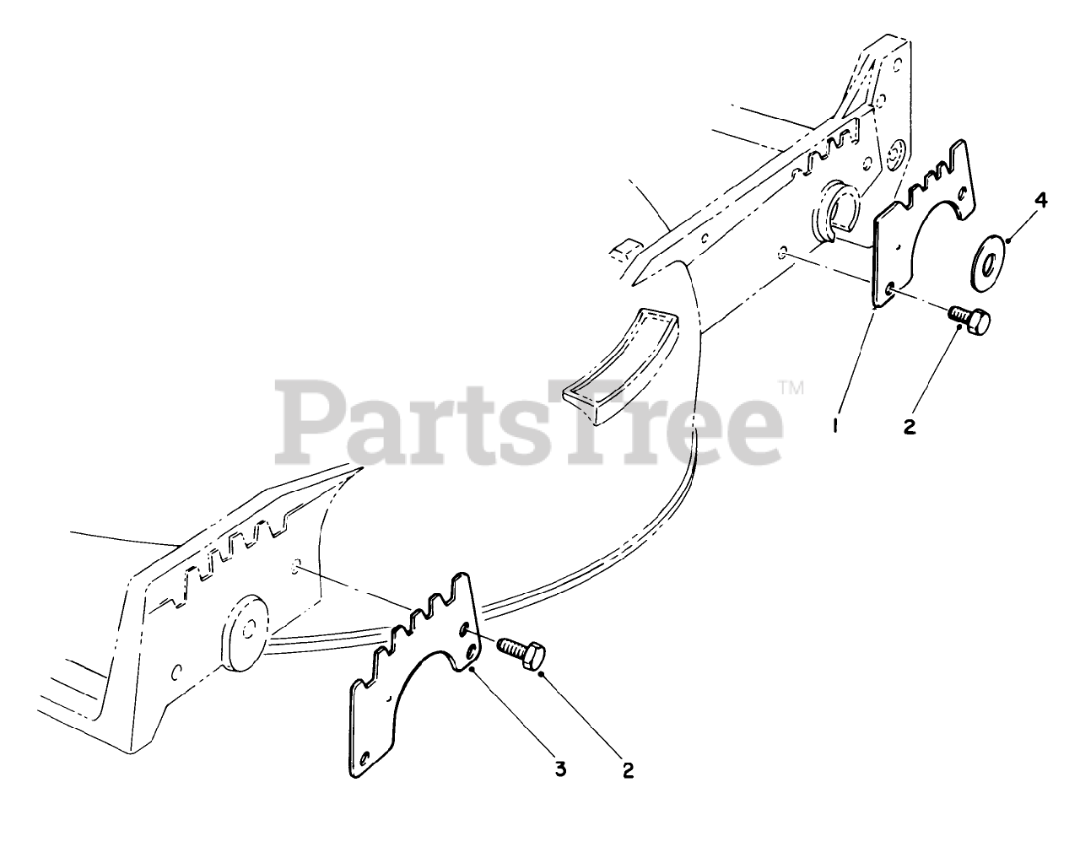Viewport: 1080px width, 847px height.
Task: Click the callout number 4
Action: click(1017, 201)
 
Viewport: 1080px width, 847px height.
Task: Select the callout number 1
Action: click(834, 427)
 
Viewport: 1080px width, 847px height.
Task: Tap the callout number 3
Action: click(560, 769)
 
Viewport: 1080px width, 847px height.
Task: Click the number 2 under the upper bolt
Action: click(909, 427)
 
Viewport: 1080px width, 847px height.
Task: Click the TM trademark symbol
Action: click(791, 389)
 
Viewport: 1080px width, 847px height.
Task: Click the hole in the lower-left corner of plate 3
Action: click(364, 756)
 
